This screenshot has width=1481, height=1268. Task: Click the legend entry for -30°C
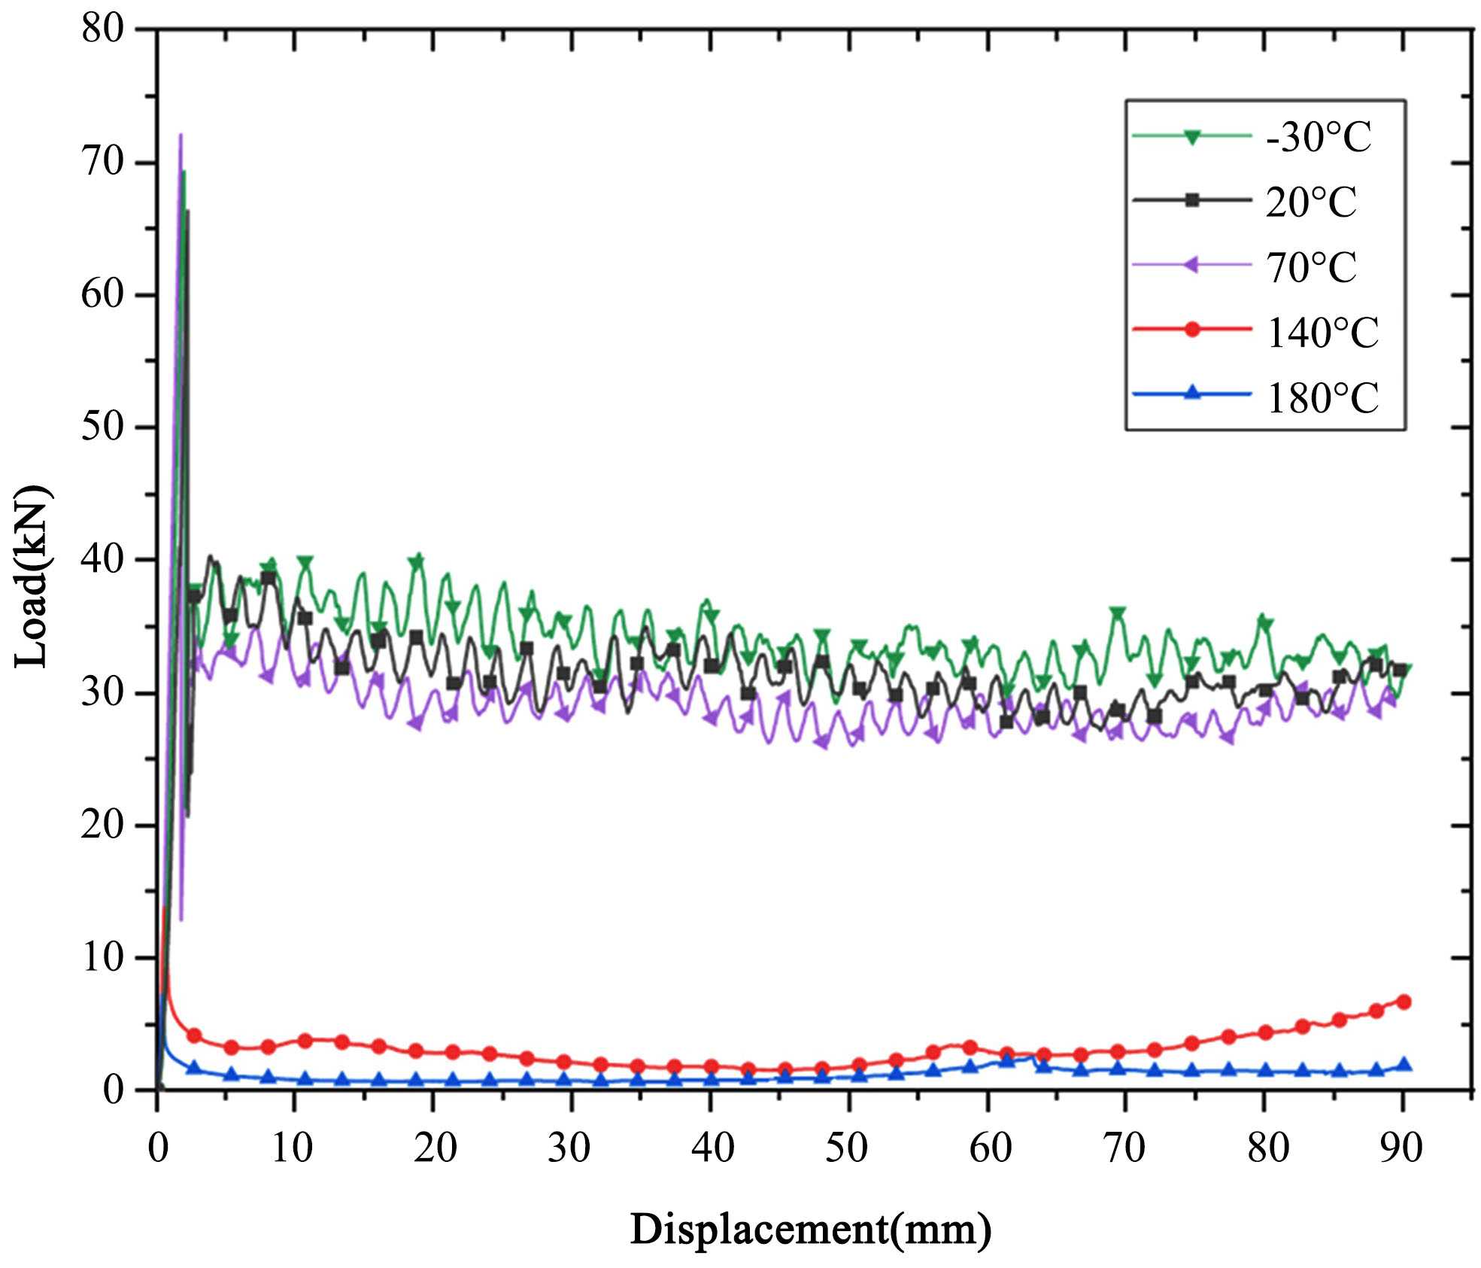(x=1319, y=138)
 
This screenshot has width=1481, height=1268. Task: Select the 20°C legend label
(x=1311, y=202)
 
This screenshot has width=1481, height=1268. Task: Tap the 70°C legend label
(x=1311, y=267)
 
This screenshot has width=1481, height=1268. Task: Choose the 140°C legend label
(x=1322, y=332)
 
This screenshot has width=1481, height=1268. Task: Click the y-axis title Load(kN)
(x=32, y=577)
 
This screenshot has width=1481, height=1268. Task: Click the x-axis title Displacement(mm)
(x=810, y=1230)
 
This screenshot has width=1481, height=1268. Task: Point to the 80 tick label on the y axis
(x=103, y=32)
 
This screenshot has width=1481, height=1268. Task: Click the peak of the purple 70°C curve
(x=180, y=135)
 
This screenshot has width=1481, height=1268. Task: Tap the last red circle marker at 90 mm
(x=1403, y=1002)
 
